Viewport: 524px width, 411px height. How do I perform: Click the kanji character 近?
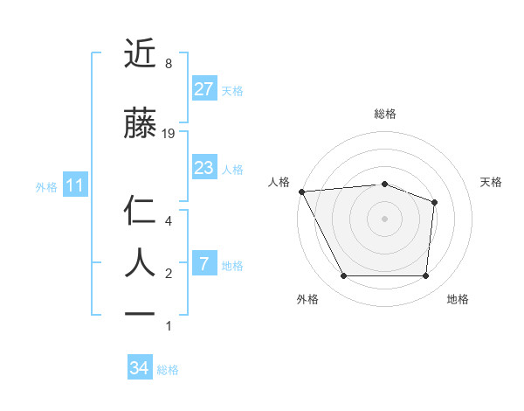coord(141,54)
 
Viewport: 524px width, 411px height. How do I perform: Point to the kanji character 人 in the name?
coord(141,262)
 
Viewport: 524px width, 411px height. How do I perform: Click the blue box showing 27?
coord(203,89)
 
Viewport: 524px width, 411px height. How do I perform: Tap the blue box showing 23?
coord(203,168)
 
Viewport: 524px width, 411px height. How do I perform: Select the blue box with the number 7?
coord(203,264)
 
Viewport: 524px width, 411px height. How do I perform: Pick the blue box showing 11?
coord(74,185)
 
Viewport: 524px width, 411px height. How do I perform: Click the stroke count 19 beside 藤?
coord(169,134)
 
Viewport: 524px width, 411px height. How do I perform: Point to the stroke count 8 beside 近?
coord(168,64)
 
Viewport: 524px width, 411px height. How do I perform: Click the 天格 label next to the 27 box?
coord(232,90)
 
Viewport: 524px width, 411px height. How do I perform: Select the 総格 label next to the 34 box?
coord(168,370)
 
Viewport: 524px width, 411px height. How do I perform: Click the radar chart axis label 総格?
coord(384,114)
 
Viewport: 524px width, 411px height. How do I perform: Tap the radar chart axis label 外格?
coord(307,299)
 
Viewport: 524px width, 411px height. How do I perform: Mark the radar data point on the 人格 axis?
coord(301,192)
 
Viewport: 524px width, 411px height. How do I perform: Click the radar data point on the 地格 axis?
coord(426,276)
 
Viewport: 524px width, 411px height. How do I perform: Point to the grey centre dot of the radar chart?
coord(384,219)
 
